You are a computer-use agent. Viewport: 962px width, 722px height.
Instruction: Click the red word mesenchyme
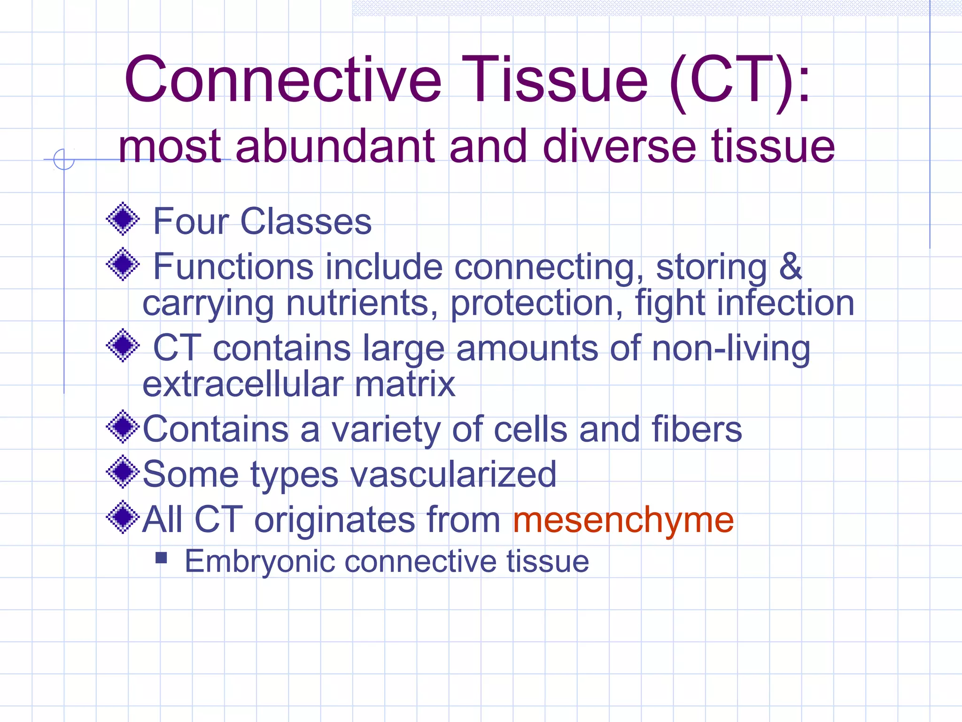623,520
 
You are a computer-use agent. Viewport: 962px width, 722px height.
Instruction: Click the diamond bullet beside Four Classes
123,219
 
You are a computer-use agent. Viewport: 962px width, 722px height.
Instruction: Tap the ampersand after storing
790,267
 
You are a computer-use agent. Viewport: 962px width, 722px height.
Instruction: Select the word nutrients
362,304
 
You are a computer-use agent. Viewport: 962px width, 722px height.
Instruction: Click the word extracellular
241,385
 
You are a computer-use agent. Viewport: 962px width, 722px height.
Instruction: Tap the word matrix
404,385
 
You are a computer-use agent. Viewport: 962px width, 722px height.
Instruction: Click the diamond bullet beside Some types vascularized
123,472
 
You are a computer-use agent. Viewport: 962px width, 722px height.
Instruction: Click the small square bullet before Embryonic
161,557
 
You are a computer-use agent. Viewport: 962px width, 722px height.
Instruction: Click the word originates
334,520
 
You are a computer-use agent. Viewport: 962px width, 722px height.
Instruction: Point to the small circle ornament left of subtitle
64,159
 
